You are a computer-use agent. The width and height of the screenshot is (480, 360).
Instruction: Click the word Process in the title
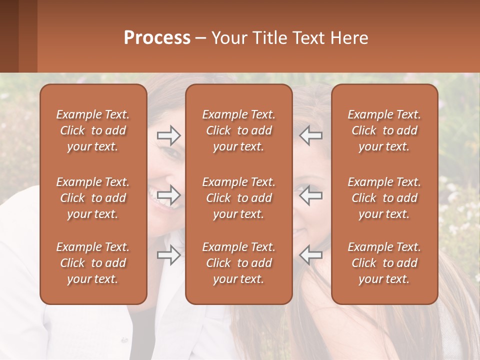[x=157, y=38]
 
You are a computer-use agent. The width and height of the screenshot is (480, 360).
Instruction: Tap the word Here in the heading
[x=349, y=38]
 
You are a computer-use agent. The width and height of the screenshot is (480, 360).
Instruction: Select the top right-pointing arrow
[x=168, y=135]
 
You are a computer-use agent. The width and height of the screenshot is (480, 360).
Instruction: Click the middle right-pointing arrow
[x=168, y=195]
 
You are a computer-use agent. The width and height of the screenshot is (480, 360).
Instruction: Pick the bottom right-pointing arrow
[x=168, y=255]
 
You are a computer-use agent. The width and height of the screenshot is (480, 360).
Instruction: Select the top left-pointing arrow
[x=311, y=135]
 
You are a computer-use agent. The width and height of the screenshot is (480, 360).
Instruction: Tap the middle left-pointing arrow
[x=311, y=195]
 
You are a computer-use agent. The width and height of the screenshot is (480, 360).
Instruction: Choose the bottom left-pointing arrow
[x=311, y=255]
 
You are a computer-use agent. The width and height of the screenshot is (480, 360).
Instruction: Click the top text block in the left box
[x=93, y=130]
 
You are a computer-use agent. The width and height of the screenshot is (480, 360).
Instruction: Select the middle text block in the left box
[x=93, y=198]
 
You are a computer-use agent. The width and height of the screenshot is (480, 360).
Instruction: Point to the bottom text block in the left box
[x=93, y=263]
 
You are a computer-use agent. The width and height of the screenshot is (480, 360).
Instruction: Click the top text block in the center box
[x=238, y=130]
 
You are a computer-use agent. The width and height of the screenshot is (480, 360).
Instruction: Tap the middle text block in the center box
[x=238, y=198]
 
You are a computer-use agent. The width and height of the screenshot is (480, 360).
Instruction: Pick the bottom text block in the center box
[x=238, y=263]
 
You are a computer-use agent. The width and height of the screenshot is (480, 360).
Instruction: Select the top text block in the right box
[x=384, y=130]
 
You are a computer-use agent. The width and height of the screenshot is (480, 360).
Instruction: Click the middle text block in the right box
[x=384, y=198]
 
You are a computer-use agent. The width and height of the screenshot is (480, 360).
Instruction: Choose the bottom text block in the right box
[x=384, y=263]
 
